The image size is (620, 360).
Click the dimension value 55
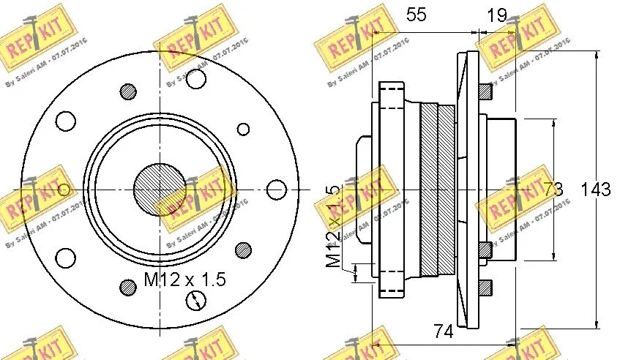[416, 16]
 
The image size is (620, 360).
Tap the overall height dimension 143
[597, 190]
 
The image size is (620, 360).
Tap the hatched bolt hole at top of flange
[129, 91]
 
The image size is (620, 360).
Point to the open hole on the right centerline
[275, 190]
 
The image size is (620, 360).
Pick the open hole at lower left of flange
[66, 258]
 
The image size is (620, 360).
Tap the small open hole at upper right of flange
[243, 130]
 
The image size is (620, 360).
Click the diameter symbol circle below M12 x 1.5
[196, 300]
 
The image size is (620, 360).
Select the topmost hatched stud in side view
[484, 91]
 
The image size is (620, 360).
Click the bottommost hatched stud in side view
[484, 287]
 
